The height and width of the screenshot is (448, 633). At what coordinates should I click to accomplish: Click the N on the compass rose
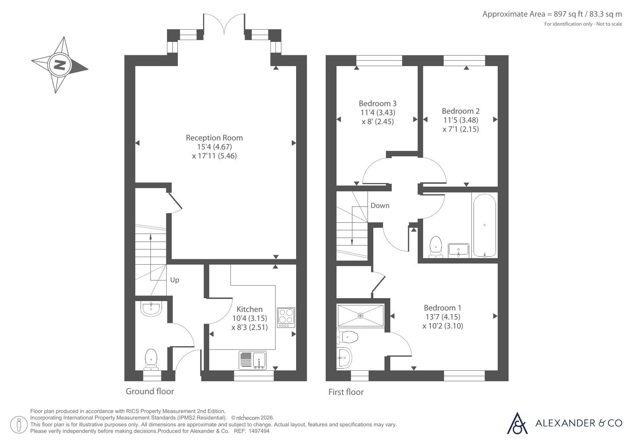(59, 65)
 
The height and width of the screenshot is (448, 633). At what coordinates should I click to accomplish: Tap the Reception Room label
(214, 138)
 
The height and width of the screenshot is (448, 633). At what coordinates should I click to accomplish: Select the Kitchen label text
(249, 309)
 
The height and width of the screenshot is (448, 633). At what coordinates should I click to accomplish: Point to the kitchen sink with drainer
(252, 360)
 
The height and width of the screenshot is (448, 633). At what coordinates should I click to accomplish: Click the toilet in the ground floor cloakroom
(151, 360)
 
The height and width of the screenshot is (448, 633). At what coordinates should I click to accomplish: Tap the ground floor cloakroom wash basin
(151, 309)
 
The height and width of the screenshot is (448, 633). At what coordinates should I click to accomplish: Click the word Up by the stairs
(175, 280)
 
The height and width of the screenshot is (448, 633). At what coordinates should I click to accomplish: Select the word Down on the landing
(380, 206)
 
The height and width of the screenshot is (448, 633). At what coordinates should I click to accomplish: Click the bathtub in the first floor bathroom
(485, 225)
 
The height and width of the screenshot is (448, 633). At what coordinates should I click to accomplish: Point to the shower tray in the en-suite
(360, 316)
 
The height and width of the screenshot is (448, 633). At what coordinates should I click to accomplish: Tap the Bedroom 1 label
(443, 308)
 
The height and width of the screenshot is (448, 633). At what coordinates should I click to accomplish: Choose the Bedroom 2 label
(461, 111)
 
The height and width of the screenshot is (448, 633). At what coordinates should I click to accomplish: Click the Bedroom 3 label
(378, 103)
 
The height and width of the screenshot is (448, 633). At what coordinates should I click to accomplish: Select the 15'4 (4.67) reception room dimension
(214, 147)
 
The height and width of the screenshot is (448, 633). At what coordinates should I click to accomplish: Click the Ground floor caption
(150, 391)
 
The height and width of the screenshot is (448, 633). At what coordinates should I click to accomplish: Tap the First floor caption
(346, 392)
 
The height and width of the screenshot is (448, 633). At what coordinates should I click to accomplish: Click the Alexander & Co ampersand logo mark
(517, 423)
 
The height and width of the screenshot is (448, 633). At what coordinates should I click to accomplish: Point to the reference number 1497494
(259, 431)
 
